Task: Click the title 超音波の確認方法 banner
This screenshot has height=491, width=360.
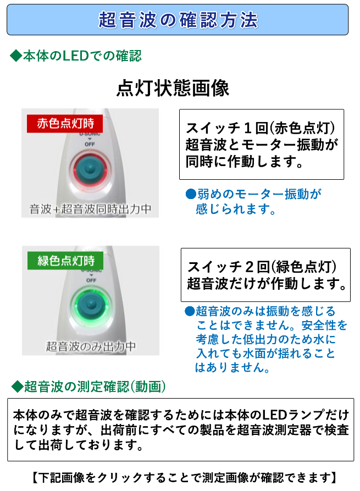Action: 178,20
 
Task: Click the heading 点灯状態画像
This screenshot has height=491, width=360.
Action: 173,88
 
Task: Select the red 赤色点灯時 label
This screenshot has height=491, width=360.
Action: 65,124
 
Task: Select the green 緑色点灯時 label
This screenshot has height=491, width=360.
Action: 65,261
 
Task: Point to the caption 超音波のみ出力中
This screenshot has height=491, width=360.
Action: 90,346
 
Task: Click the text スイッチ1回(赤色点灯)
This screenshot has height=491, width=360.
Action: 261,128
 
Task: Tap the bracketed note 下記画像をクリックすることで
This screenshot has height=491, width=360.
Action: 181,477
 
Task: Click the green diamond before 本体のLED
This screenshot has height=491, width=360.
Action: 15,56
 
